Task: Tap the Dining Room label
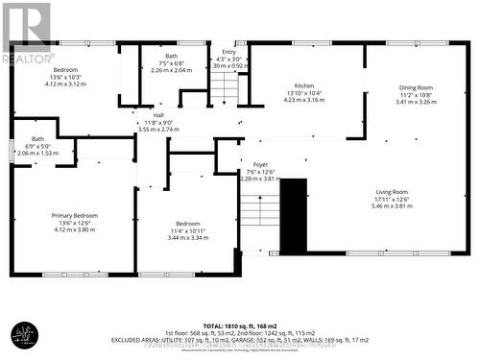(416, 87)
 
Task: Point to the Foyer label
(260, 164)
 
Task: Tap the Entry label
(228, 51)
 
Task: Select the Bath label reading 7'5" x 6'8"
(171, 57)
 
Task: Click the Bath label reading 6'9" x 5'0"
(36, 139)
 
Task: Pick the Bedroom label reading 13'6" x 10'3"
(65, 71)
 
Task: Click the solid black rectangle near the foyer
(293, 214)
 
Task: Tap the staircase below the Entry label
(224, 87)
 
